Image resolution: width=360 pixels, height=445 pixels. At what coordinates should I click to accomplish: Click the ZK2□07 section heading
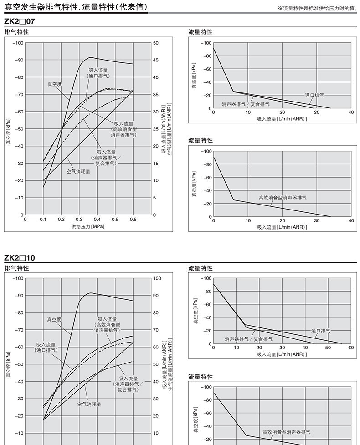click(20, 21)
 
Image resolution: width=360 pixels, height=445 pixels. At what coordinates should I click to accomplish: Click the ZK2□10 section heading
click(20, 258)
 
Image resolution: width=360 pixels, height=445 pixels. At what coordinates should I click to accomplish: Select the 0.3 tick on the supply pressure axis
click(79, 219)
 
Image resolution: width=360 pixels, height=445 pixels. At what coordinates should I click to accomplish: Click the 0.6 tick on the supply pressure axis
click(133, 219)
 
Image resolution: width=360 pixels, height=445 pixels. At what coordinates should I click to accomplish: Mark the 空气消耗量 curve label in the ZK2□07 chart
click(78, 172)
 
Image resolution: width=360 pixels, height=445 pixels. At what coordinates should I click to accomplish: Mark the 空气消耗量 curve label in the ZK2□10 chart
click(89, 404)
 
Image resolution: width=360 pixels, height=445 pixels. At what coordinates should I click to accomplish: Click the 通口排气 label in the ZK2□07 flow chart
click(315, 95)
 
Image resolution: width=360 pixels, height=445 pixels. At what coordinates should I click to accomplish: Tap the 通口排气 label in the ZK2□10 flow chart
click(321, 331)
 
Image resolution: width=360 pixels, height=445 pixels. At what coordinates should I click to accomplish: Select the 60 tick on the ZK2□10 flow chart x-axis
click(350, 348)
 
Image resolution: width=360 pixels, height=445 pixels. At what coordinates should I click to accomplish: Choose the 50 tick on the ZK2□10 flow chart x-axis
click(328, 348)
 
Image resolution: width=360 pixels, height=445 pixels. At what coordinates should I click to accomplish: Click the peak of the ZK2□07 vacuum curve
click(91, 57)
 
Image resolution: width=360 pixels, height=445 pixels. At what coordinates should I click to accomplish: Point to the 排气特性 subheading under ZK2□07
click(16, 32)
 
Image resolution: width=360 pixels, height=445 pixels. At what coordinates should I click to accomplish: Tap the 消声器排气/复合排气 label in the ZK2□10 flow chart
click(249, 339)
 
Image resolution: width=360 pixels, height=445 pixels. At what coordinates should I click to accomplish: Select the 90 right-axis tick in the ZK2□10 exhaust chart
click(156, 296)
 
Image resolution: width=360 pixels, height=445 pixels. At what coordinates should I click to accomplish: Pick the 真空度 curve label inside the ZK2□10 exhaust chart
click(54, 320)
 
